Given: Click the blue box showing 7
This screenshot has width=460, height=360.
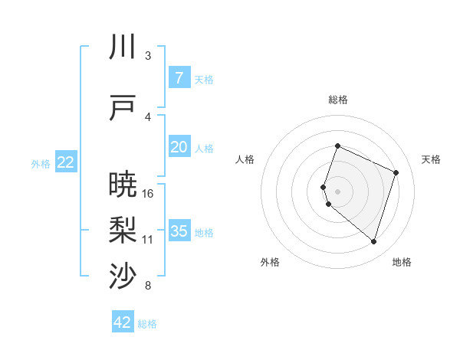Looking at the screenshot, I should point(179,78).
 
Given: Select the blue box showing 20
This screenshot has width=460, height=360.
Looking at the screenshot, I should point(179,147).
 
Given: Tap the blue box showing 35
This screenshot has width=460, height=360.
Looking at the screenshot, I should point(179,231).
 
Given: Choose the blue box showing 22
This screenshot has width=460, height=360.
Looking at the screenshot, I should point(66,162).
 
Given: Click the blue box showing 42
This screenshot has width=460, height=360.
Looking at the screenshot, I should point(123,322).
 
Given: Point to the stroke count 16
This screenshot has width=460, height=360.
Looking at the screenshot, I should point(148,194).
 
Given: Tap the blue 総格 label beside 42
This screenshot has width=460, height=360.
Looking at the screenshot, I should point(147,324).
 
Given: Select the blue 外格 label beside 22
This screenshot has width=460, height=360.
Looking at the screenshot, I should point(41,163).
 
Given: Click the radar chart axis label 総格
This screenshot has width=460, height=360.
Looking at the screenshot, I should point(338,100).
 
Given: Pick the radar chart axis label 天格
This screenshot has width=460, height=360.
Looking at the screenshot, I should point(432,159).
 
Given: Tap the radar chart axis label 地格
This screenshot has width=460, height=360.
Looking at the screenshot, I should point(402,263).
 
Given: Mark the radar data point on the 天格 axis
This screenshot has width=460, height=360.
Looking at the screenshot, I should point(396,172).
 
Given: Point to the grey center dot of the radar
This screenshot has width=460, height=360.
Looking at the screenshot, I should point(338,191).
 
